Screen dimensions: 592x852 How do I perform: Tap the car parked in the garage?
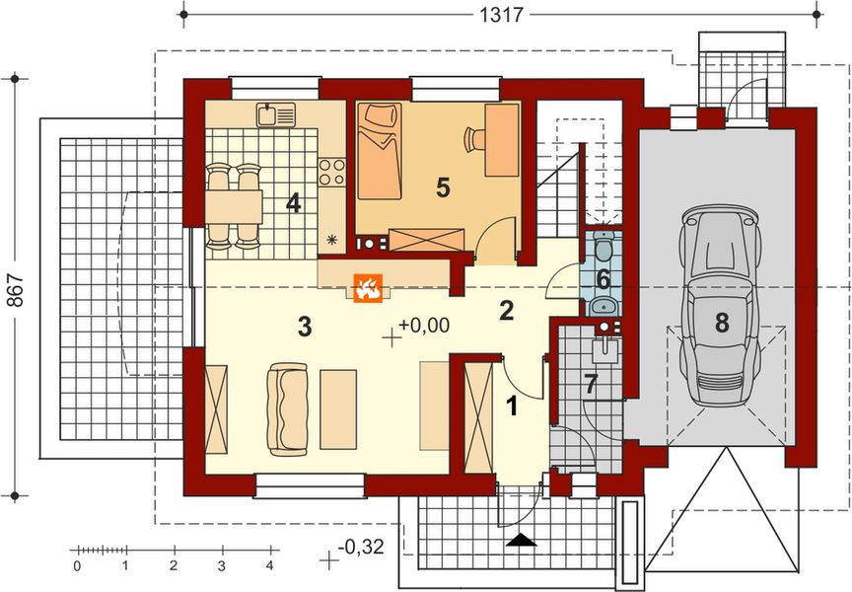[x=722, y=306]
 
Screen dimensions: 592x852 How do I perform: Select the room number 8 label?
[x=722, y=322]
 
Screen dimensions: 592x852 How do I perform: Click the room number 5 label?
[x=442, y=185]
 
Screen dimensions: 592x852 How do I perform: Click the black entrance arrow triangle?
[x=521, y=540]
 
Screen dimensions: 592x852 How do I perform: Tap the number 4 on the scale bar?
[x=269, y=566]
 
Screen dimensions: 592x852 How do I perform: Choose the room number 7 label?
[x=590, y=385]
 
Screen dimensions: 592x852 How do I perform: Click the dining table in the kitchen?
[x=235, y=205]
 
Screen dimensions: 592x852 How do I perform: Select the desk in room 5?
[x=501, y=138]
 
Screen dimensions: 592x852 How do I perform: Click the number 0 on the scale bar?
[x=77, y=566]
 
